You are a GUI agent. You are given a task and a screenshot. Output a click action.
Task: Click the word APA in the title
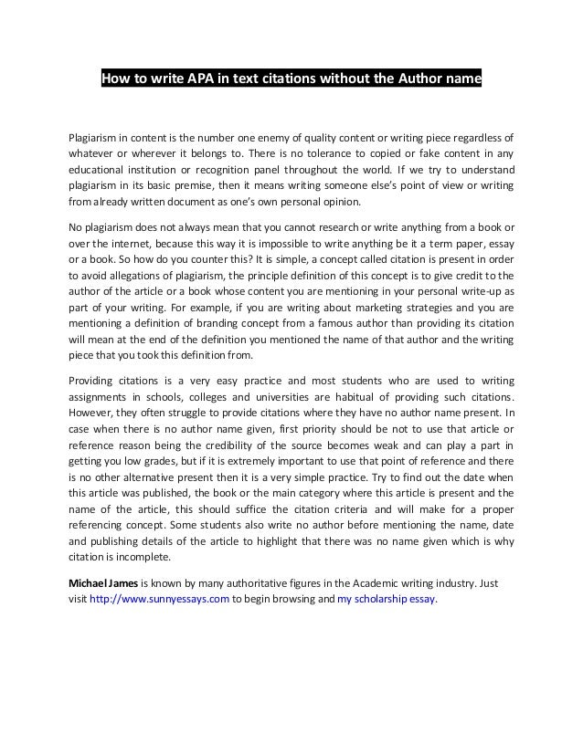pos(202,79)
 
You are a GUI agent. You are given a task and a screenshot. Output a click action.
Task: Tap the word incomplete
pos(143,556)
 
